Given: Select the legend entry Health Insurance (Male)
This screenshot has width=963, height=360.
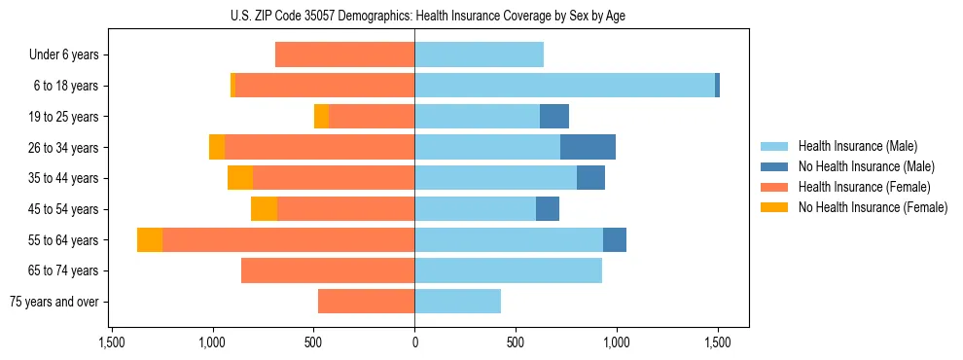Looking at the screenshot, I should (857, 146).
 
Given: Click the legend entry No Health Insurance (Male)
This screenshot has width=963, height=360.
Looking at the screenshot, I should (866, 166).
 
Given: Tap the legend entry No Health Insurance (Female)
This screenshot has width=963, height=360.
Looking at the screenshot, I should (873, 207).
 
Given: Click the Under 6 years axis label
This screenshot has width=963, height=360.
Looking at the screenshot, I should (64, 55).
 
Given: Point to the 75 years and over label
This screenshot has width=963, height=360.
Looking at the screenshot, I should (54, 302).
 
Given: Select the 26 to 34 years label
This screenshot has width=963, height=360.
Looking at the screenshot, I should (64, 148).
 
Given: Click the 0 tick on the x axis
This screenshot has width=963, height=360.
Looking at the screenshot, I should (415, 342).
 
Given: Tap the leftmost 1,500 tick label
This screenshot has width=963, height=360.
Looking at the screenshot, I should (112, 342).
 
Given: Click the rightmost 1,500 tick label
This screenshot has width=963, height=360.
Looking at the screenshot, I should (718, 342).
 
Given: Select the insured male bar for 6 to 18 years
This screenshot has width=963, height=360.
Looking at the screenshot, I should (564, 86).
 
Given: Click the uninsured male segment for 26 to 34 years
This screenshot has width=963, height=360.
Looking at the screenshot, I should (588, 147).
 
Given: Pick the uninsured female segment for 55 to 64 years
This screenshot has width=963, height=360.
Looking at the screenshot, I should (150, 240).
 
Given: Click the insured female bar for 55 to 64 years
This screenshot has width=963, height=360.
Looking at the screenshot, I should (288, 240).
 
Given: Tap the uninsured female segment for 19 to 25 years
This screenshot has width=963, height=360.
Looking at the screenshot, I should (321, 117).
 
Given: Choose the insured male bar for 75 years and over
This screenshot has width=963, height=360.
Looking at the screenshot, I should (457, 302).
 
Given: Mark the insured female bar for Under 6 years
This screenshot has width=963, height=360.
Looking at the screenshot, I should (345, 55).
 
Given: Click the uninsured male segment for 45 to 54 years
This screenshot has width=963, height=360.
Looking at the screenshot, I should (548, 209).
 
